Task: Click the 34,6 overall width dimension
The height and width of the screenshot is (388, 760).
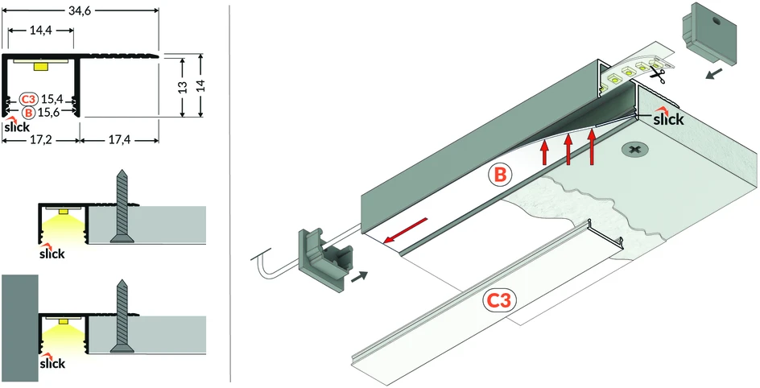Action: tap(80, 10)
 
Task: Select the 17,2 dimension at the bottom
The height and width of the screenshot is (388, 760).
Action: tap(41, 141)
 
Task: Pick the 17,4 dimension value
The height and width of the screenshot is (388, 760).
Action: tap(119, 141)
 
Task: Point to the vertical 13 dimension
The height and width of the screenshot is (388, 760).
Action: tap(182, 87)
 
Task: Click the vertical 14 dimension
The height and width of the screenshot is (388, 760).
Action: tap(201, 86)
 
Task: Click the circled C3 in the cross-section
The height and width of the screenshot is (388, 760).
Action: tap(29, 100)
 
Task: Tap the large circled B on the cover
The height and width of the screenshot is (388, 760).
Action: tap(500, 175)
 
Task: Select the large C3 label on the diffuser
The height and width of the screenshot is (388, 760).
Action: tap(500, 301)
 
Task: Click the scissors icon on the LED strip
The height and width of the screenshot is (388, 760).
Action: tap(657, 75)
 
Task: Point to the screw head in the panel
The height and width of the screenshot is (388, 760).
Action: tap(634, 149)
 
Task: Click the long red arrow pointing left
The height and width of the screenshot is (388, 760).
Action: tap(405, 230)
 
